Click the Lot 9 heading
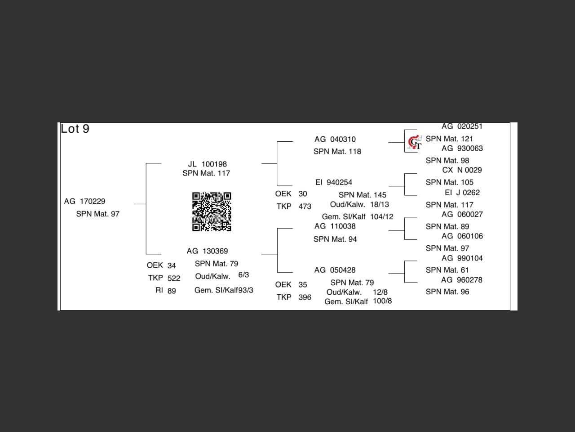tap(75, 129)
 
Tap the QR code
tap(212, 211)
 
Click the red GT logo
tap(414, 142)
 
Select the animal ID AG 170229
tap(84, 201)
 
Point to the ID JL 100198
tap(207, 164)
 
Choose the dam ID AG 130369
tap(207, 251)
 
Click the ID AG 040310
tap(335, 139)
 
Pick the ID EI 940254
tap(334, 182)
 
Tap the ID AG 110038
tap(335, 226)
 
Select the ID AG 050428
tap(335, 270)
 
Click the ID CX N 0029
tap(462, 170)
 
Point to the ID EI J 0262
tap(462, 193)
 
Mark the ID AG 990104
tap(462, 258)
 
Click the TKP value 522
tap(174, 279)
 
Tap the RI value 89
tap(172, 291)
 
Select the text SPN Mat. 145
tap(362, 195)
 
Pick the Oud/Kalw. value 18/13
tap(380, 204)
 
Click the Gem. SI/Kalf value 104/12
tap(381, 217)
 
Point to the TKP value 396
tap(305, 297)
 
